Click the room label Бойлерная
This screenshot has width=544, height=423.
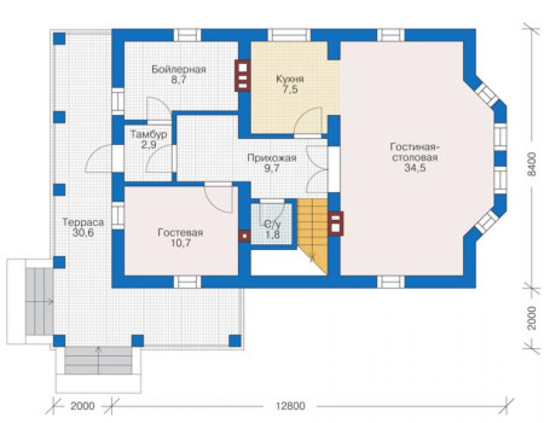click(x=179, y=69)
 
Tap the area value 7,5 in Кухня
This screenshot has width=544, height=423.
click(x=290, y=90)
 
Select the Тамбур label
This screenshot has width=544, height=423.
click(x=148, y=134)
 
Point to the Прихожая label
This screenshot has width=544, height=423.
click(x=272, y=158)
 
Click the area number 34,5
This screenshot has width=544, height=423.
click(x=415, y=168)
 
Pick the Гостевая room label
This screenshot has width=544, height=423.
click(x=180, y=232)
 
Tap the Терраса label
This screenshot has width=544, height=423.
click(x=83, y=222)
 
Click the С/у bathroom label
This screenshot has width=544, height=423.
click(x=272, y=224)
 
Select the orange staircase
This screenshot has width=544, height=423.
click(x=312, y=236)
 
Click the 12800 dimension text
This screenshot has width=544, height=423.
click(x=290, y=405)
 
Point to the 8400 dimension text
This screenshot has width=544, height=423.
click(x=532, y=164)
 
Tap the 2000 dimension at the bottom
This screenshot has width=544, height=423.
click(x=82, y=405)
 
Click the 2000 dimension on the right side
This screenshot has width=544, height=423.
click(x=532, y=318)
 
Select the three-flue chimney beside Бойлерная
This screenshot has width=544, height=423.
click(x=243, y=76)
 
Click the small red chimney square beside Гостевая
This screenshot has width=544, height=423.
click(x=245, y=236)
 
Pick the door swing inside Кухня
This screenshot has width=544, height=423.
click(x=308, y=120)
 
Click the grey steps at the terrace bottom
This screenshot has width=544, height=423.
click(x=99, y=360)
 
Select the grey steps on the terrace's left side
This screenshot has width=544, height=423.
click(x=39, y=302)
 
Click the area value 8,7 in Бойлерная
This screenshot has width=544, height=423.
click(x=179, y=80)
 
